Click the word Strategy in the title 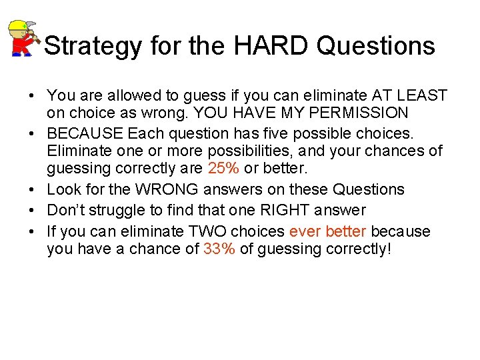coord(93,46)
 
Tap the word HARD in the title coord(273,46)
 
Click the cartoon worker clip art coord(24,38)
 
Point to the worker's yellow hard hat coord(18,27)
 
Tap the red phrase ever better coord(328,231)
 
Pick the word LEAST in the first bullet coord(424,96)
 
